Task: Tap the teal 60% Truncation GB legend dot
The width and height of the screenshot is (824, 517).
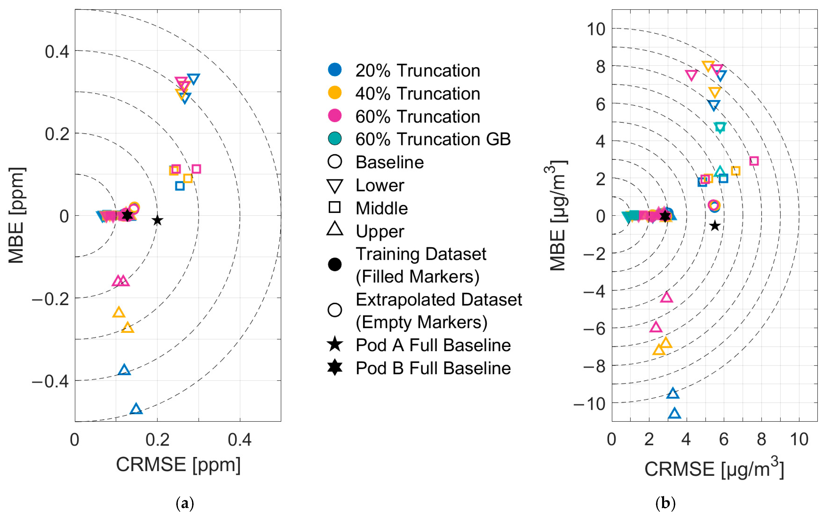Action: coord(335,139)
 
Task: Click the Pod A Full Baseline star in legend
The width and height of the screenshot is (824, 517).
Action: coord(335,344)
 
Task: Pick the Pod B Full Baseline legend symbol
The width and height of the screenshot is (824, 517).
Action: coord(335,368)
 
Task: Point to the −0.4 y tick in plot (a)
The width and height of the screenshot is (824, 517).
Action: coord(51,381)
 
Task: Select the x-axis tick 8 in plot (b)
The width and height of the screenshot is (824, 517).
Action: coord(761,439)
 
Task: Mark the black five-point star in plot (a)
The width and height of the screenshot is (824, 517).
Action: coord(157,220)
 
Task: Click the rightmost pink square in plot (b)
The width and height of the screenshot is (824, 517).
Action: coord(754,161)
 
